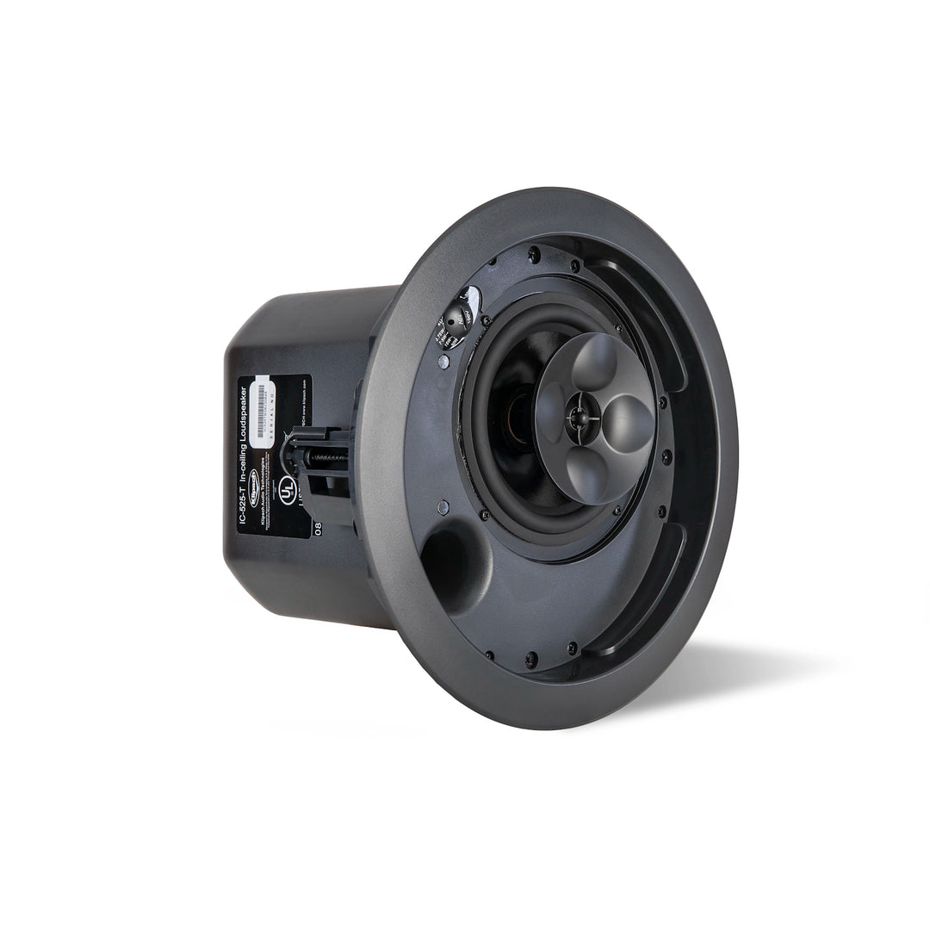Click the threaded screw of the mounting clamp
[331, 457]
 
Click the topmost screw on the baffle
[534, 254]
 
